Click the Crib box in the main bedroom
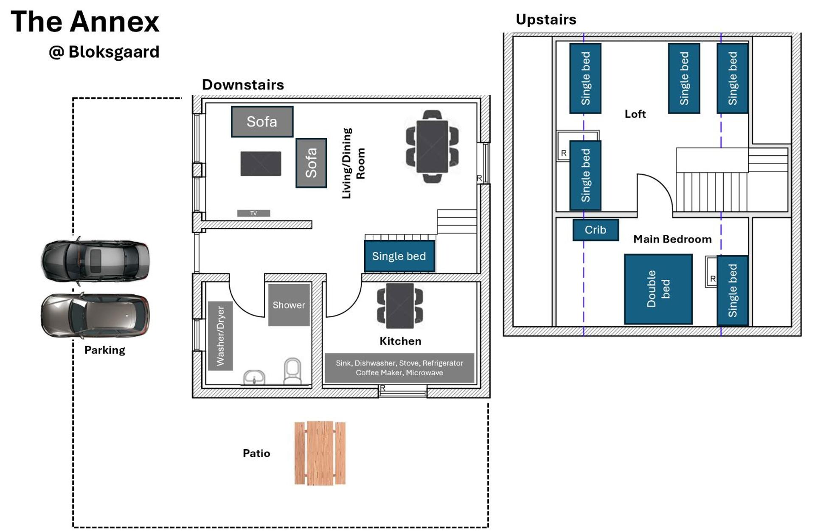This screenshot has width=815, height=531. point(595,230)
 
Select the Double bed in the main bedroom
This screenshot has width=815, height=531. point(658,289)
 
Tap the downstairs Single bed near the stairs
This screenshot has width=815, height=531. point(399,256)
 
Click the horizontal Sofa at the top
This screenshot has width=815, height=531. point(262,122)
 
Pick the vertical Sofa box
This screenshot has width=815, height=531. point(311,163)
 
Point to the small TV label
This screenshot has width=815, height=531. point(253,213)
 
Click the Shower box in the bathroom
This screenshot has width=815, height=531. point(289,305)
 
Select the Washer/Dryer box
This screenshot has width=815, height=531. point(220,336)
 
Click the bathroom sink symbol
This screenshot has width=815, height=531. point(254,377)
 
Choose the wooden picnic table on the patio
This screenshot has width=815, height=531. point(320,453)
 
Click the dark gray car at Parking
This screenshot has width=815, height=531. point(95,260)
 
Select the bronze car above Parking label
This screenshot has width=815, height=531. point(95,316)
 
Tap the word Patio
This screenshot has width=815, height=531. point(256,453)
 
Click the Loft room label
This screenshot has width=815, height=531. point(635,114)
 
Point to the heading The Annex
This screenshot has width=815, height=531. point(85,22)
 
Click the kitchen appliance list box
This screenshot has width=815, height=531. point(399,368)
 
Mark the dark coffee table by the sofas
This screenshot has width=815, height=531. point(261,164)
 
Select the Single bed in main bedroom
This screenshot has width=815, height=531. point(732,291)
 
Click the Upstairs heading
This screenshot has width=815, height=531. point(546,20)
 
